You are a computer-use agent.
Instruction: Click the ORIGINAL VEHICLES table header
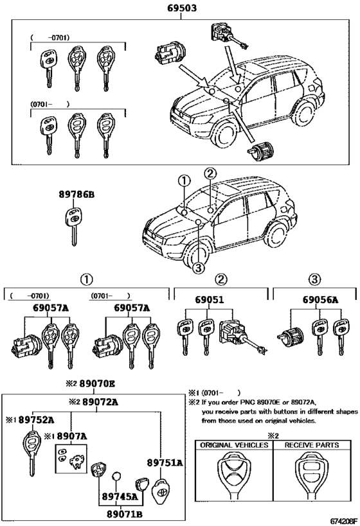coord(234,444)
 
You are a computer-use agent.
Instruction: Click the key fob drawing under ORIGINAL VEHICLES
coord(234,476)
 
